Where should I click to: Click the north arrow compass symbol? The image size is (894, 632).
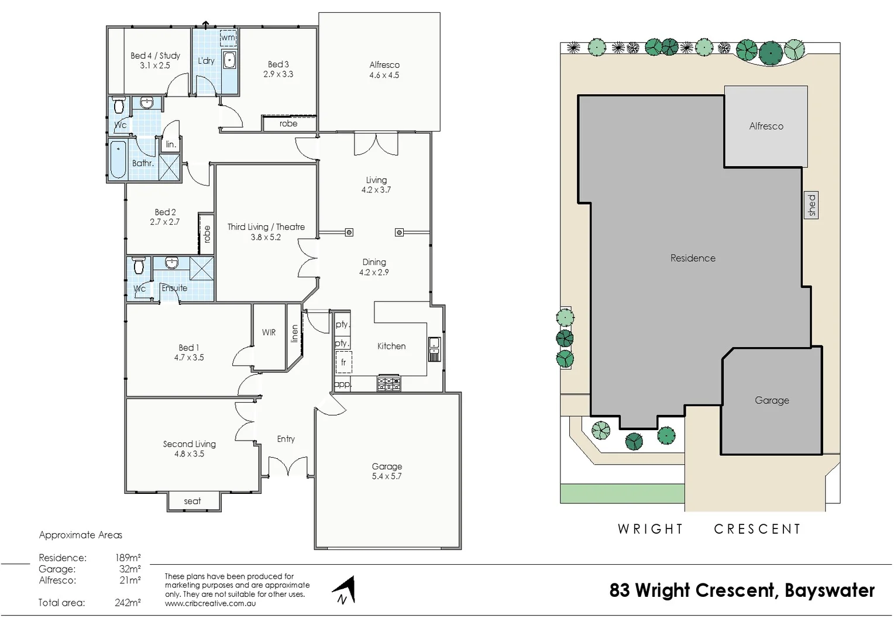pyautogui.click(x=345, y=590)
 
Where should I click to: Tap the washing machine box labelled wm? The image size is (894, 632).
pyautogui.click(x=228, y=38)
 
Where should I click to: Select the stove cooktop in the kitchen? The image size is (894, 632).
pyautogui.click(x=389, y=384)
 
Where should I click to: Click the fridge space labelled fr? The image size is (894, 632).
pyautogui.click(x=343, y=362)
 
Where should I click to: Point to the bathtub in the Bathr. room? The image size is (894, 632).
pyautogui.click(x=118, y=159)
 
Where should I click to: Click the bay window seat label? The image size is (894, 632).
pyautogui.click(x=192, y=501)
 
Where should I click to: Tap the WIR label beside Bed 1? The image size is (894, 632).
pyautogui.click(x=269, y=332)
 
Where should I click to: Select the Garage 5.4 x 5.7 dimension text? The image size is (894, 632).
pyautogui.click(x=387, y=476)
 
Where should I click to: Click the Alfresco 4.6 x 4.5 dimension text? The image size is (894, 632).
pyautogui.click(x=384, y=75)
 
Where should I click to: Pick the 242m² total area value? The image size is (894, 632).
pyautogui.click(x=128, y=602)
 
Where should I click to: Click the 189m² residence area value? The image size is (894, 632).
pyautogui.click(x=128, y=558)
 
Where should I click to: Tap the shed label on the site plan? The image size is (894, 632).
pyautogui.click(x=811, y=205)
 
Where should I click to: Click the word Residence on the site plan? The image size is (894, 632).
pyautogui.click(x=693, y=258)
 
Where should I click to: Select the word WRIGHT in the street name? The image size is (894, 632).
pyautogui.click(x=650, y=529)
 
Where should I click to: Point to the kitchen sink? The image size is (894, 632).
pyautogui.click(x=434, y=349)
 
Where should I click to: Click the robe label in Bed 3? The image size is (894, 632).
pyautogui.click(x=288, y=124)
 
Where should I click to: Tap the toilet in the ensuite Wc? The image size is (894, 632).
pyautogui.click(x=139, y=266)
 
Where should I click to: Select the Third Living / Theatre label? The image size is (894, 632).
pyautogui.click(x=266, y=227)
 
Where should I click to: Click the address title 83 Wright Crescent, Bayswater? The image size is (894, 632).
pyautogui.click(x=742, y=590)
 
